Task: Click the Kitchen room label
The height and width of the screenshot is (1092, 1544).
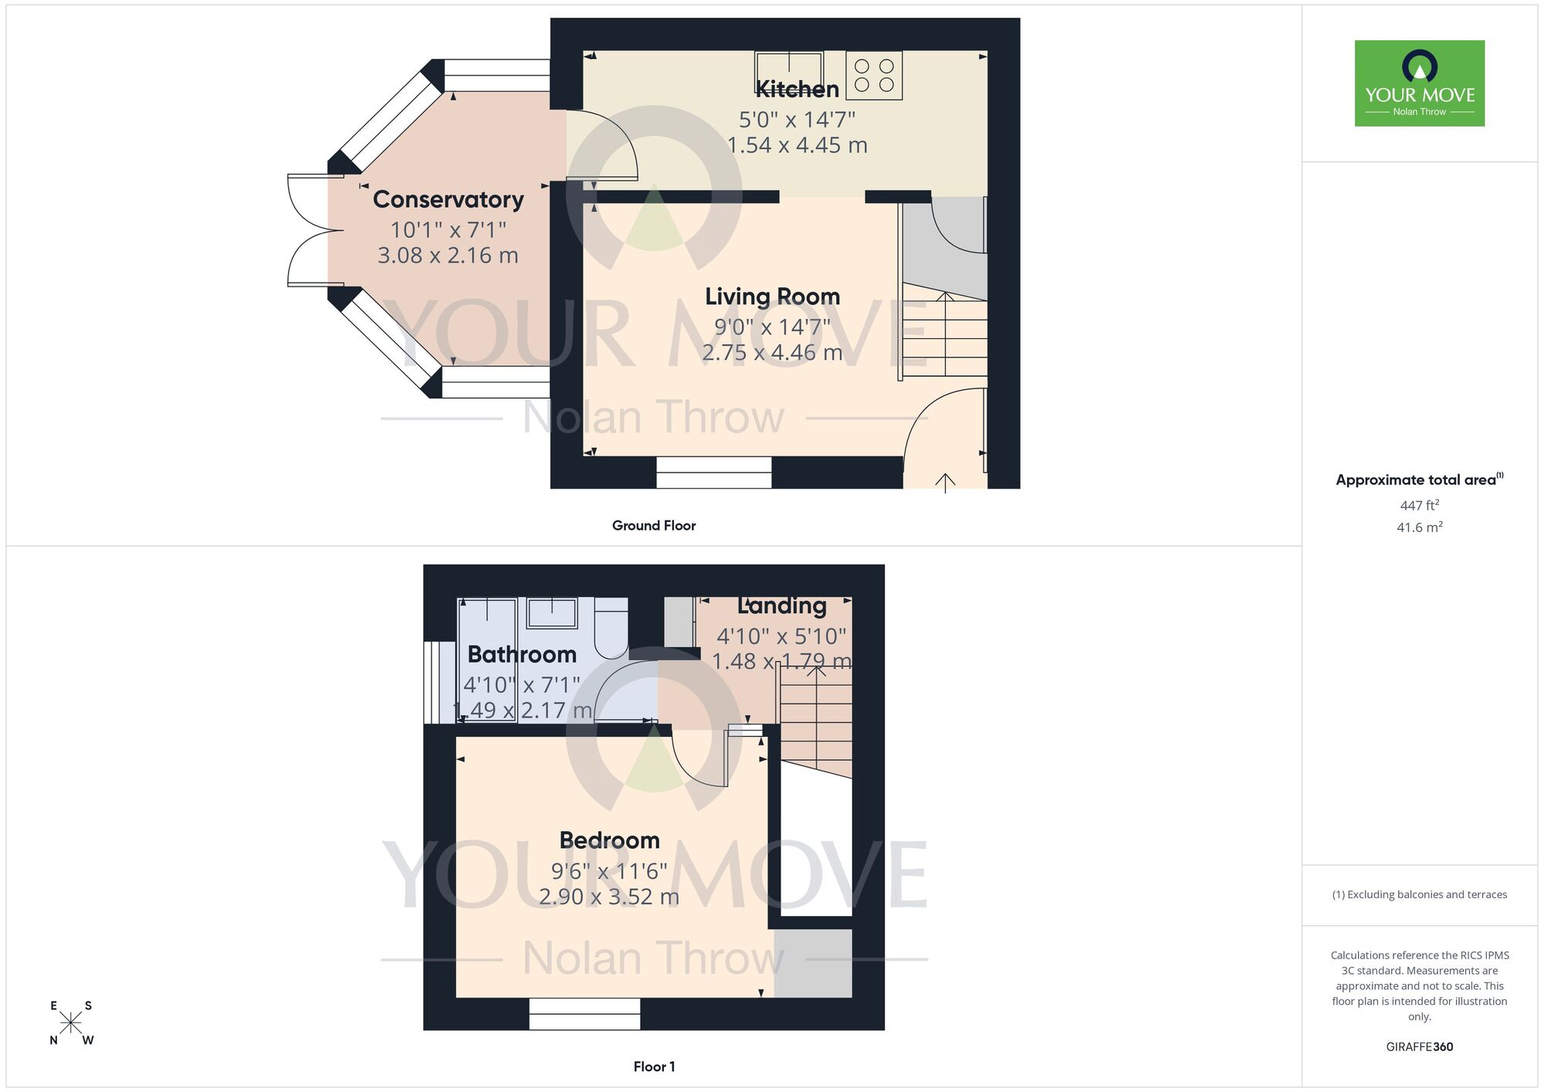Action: (x=797, y=90)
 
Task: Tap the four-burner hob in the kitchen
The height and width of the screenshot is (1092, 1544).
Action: (x=874, y=76)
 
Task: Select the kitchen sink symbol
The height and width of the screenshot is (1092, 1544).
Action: (x=788, y=71)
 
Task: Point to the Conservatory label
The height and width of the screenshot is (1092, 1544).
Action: (x=448, y=199)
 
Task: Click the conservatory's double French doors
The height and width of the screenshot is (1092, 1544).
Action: (x=307, y=230)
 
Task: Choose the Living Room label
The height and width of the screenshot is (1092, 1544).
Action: (x=772, y=297)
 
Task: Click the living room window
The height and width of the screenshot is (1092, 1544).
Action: (x=713, y=472)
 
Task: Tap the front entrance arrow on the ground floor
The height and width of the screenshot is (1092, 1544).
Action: (x=945, y=483)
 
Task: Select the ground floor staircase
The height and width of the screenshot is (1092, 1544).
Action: (x=945, y=337)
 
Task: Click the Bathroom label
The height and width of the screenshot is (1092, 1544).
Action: (x=522, y=655)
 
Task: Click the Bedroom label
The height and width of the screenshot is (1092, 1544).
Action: (x=609, y=840)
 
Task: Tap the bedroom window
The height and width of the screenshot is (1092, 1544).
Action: (x=584, y=1013)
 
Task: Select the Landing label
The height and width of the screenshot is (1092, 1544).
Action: (x=782, y=606)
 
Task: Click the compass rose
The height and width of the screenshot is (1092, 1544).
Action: (x=71, y=1023)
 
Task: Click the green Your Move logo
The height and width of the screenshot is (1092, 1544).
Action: (x=1419, y=83)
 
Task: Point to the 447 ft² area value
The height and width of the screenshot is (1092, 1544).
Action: (x=1419, y=506)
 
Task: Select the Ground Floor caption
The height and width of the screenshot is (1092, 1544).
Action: (x=654, y=526)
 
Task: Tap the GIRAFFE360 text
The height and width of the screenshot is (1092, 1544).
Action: (x=1419, y=1047)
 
